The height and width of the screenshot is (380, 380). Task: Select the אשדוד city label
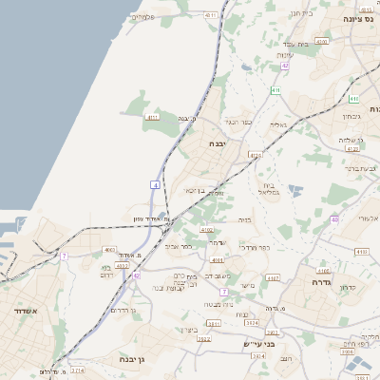[25, 311]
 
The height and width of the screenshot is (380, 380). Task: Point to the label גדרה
[313, 282]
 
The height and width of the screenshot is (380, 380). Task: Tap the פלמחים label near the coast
[143, 17]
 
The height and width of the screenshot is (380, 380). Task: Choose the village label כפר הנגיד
[237, 121]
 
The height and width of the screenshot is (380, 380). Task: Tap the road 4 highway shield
[154, 184]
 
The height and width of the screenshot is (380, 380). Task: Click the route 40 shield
[334, 219]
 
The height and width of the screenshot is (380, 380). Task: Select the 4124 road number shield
[254, 154]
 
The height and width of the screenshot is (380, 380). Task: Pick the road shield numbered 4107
[273, 277]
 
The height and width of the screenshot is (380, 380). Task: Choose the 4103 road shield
[218, 259]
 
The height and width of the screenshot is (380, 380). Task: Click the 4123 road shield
[353, 148]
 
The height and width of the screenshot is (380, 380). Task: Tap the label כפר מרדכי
[256, 247]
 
